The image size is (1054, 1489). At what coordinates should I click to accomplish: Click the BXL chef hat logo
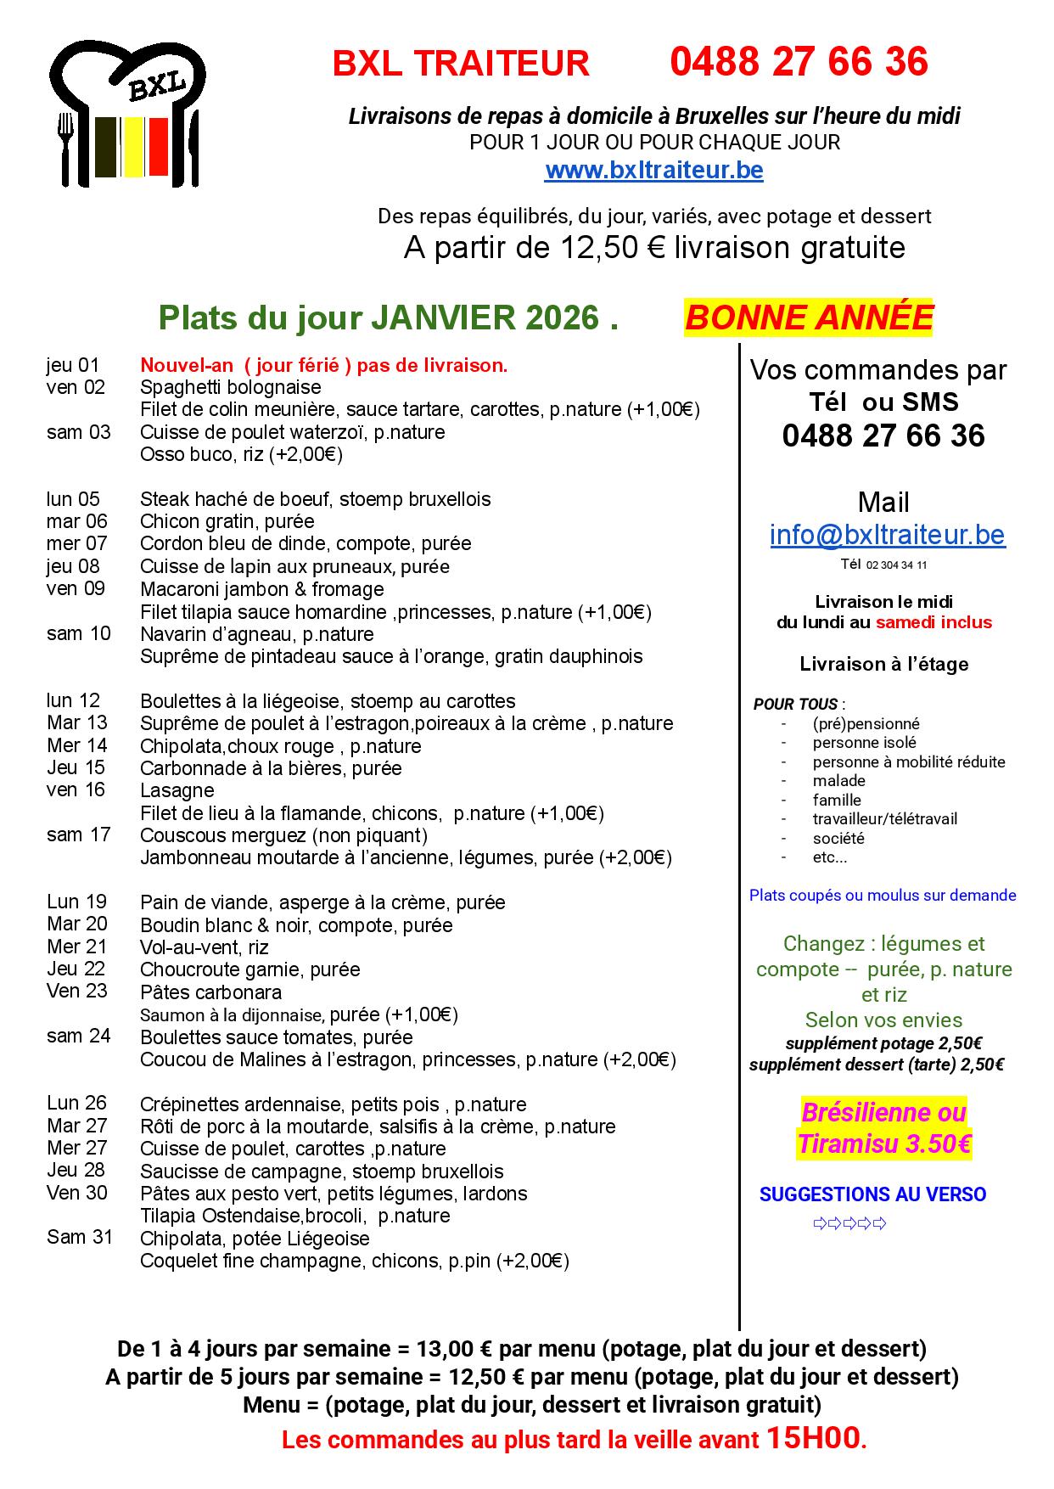[x=128, y=113]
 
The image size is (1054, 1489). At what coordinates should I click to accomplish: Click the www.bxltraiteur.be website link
[x=653, y=171]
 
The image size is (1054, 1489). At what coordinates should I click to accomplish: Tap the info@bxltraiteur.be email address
[x=887, y=535]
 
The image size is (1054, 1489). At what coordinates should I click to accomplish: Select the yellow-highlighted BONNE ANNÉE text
[x=808, y=317]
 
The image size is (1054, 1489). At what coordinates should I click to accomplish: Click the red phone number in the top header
[x=799, y=62]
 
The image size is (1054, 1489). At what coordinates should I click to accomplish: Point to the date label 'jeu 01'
[x=73, y=365]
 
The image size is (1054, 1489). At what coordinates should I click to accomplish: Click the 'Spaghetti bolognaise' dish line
[x=230, y=387]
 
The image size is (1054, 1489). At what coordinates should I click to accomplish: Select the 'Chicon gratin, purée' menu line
[x=227, y=521]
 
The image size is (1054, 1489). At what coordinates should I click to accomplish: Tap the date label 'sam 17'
[x=78, y=834]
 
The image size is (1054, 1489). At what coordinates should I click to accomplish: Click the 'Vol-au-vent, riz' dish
[x=204, y=947]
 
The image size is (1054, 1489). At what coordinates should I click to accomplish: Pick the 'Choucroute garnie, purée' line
[x=249, y=969]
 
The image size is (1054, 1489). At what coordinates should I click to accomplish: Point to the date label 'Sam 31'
[x=79, y=1237]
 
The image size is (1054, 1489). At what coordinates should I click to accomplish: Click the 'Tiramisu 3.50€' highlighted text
[x=884, y=1144]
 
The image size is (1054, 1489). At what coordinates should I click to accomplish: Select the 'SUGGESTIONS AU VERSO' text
[x=872, y=1194]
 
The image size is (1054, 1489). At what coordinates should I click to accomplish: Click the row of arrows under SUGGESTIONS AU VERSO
[x=849, y=1223]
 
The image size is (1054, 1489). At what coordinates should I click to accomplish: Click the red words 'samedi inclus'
[x=933, y=622]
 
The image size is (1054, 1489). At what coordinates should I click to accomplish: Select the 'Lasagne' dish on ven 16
[x=177, y=790]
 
